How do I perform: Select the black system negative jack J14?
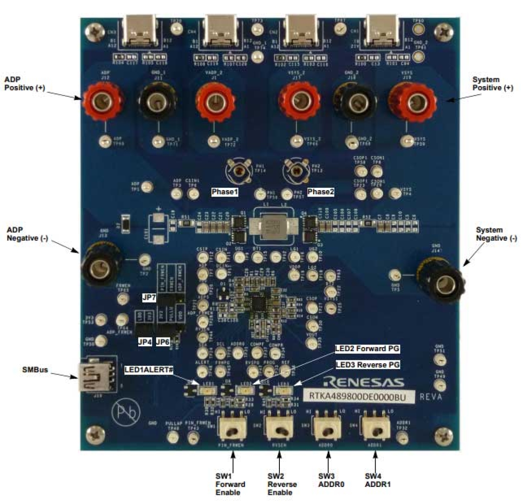tap(442, 281)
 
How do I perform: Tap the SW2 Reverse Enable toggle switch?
tap(279, 427)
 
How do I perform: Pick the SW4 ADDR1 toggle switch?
tap(375, 427)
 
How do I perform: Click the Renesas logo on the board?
tap(363, 382)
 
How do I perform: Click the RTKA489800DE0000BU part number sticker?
tap(359, 396)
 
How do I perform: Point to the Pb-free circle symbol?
tap(126, 413)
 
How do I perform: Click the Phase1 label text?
tap(224, 192)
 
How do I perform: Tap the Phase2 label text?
tap(321, 192)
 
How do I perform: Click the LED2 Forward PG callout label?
tap(367, 349)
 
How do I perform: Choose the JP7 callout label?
tap(149, 298)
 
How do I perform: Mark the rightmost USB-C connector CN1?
tap(381, 30)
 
